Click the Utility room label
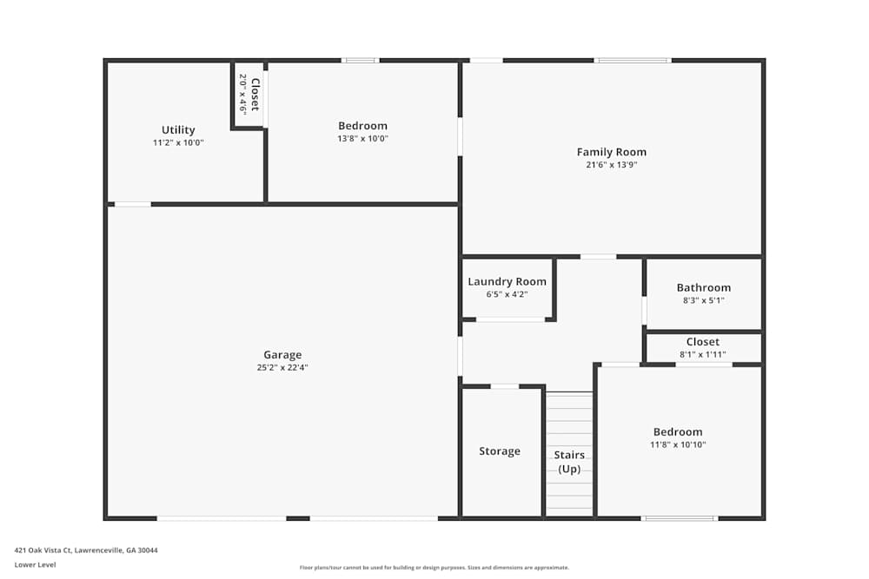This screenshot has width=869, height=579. coord(178,130)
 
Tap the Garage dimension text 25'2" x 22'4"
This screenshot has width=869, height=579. coord(282,367)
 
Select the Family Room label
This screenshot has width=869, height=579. coord(611,152)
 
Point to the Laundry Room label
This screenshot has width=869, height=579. coord(507,281)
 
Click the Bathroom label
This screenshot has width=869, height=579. coord(703,287)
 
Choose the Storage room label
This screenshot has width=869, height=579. coord(500,451)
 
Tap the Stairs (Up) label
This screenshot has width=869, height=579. coord(569,462)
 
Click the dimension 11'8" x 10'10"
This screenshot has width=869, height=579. coord(678,444)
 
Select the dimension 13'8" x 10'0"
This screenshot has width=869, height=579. coord(362,138)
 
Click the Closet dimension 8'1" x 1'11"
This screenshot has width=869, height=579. coord(702,354)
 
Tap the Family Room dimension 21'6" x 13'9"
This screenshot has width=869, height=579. coord(611,164)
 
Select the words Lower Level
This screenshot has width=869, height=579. coord(35,564)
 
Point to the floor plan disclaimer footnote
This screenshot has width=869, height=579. coord(434,568)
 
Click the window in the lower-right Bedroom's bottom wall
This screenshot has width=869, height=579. coord(680,518)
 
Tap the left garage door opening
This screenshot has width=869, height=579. coord(222,518)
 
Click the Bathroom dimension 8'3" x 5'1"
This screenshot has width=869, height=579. coord(703,300)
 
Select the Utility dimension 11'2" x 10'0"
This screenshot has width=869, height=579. coord(178,142)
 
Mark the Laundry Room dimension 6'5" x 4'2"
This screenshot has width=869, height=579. coord(507,294)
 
